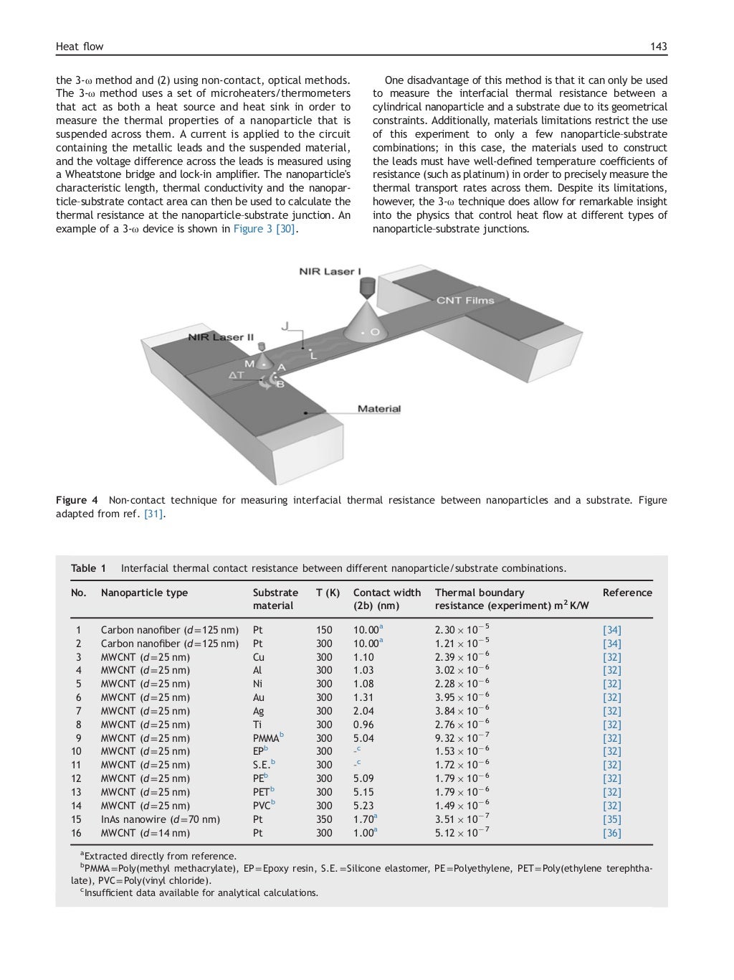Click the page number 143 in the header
[x=658, y=47]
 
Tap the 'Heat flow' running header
[x=80, y=47]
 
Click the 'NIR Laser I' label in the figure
[x=330, y=271]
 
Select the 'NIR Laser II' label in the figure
[x=221, y=336]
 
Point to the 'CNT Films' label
[x=465, y=300]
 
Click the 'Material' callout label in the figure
[x=378, y=409]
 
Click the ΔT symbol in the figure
[x=237, y=374]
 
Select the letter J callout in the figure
[x=285, y=326]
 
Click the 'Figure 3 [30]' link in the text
[x=264, y=229]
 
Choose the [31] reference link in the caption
[x=154, y=514]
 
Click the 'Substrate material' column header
[x=275, y=599]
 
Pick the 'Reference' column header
[x=627, y=593]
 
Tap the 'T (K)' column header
[x=328, y=593]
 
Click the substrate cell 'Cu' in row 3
[x=259, y=657]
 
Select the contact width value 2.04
[x=363, y=711]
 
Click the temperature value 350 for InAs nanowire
[x=324, y=819]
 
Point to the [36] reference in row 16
[x=611, y=833]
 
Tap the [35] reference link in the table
[x=611, y=819]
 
